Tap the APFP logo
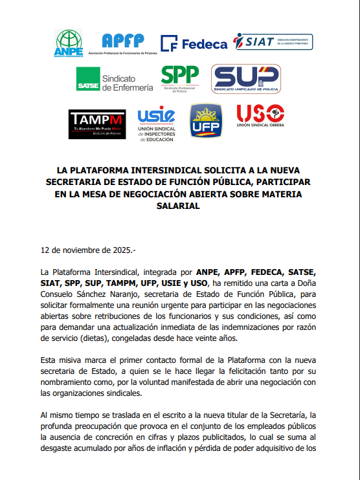click(122, 43)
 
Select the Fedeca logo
click(194, 43)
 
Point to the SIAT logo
click(273, 42)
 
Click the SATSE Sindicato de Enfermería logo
click(115, 79)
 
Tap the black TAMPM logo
click(96, 124)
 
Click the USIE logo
click(156, 124)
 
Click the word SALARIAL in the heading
click(179, 206)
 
